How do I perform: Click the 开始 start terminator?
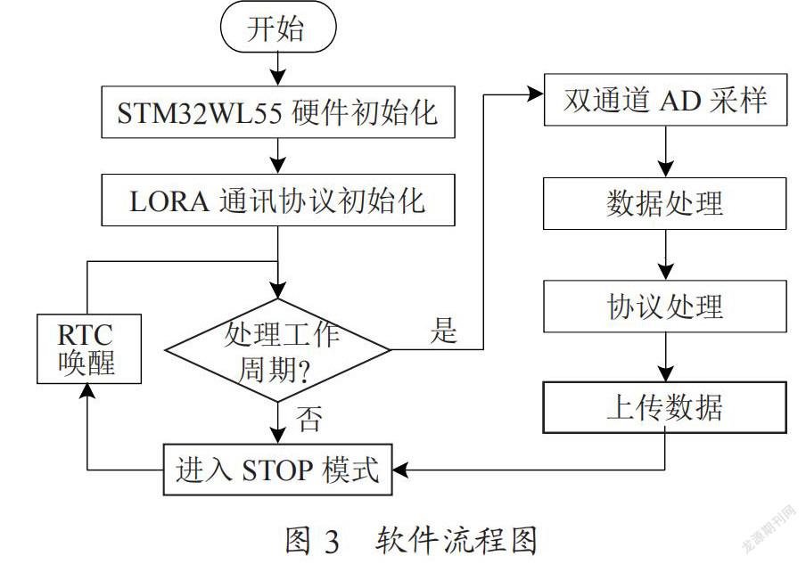click(278, 28)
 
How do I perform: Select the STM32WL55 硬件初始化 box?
click(278, 112)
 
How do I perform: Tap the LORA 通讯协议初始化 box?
click(278, 200)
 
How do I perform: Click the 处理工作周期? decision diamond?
click(278, 350)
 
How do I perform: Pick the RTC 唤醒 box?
click(89, 348)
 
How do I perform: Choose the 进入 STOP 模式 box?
click(278, 470)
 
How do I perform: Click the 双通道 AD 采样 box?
click(666, 100)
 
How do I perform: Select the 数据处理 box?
click(665, 203)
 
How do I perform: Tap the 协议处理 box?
click(665, 307)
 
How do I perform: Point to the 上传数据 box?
click(665, 407)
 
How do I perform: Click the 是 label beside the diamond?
click(443, 330)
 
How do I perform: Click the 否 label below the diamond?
click(309, 419)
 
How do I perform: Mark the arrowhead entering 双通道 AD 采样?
click(536, 94)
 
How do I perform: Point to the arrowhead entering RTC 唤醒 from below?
click(87, 391)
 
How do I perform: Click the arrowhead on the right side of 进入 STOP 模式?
click(400, 470)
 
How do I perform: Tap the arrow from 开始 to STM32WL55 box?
click(278, 69)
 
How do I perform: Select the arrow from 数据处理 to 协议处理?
click(666, 255)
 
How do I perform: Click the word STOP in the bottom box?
click(277, 470)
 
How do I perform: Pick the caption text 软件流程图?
click(456, 540)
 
